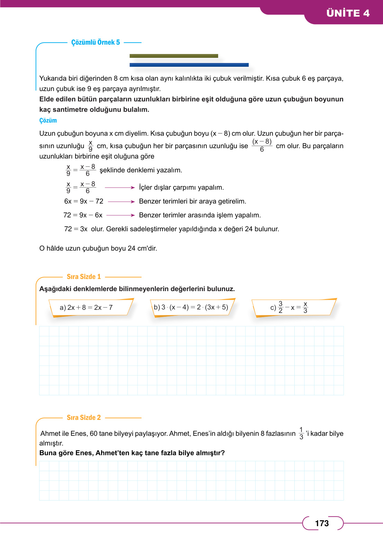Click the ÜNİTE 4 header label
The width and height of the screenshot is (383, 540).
pos(348,13)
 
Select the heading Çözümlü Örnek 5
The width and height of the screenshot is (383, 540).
pos(96,42)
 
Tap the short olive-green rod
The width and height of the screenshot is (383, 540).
pos(173,56)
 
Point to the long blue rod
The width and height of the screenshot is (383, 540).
pos(189,65)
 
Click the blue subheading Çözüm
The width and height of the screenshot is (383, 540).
pos(48,120)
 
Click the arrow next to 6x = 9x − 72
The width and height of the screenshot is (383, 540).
pos(121,201)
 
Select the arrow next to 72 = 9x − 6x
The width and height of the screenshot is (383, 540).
pos(121,215)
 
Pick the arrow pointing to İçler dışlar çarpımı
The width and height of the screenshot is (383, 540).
pos(119,188)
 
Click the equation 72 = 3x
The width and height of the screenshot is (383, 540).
pos(76,229)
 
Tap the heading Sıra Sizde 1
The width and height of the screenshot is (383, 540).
pos(83,277)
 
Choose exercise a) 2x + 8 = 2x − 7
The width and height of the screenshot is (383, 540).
pos(86,307)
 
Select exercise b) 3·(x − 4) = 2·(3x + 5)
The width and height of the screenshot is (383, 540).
pos(191,307)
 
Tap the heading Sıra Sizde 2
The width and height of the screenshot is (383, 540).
pos(83,417)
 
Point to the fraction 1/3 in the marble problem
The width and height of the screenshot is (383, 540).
pos(301,433)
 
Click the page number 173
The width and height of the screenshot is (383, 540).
pos(322,523)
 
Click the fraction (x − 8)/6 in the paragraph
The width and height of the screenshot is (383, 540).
pos(262,145)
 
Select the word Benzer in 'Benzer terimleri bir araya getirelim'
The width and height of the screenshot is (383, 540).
pos(150,201)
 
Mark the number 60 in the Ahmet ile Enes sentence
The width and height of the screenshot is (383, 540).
pos(93,433)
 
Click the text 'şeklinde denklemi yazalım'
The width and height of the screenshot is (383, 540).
pos(141,170)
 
